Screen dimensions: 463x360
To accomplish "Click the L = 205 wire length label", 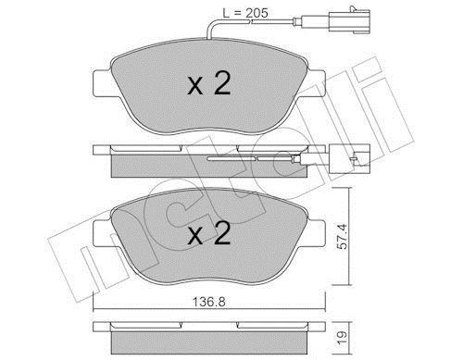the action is [245, 13].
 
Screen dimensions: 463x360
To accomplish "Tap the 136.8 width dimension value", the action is [209, 302].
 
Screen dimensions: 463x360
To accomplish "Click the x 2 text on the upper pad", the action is [209, 82].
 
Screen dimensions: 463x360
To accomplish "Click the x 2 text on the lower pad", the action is [209, 233].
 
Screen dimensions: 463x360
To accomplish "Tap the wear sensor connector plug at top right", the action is [349, 21].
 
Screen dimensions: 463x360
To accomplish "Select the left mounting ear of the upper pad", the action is [102, 82].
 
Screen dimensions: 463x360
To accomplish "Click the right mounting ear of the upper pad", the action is [316, 82].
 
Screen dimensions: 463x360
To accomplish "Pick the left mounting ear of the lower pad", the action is [102, 233].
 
